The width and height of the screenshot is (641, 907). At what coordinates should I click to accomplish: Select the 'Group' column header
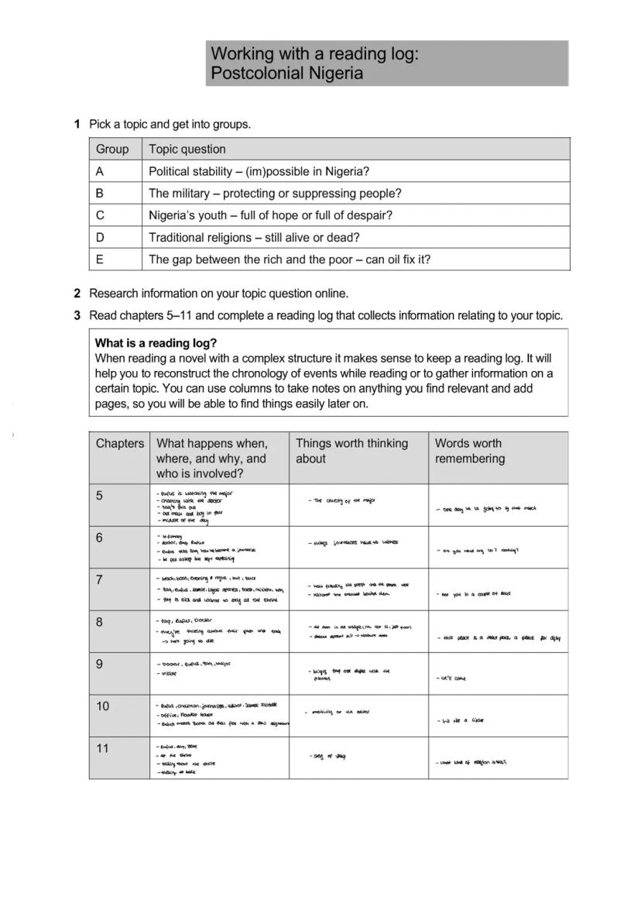click(112, 149)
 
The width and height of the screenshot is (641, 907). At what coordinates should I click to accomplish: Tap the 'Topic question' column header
click(187, 149)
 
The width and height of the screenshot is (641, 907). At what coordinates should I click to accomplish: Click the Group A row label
click(101, 171)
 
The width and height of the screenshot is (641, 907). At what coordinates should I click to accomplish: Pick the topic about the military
click(275, 194)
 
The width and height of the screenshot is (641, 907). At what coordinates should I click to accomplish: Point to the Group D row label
click(101, 238)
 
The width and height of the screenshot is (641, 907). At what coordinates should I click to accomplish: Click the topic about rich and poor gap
click(290, 259)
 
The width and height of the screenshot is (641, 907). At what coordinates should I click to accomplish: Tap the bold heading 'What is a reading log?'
click(156, 343)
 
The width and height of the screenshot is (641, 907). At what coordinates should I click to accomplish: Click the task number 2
click(77, 294)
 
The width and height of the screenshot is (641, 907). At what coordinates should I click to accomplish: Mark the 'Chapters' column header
click(119, 444)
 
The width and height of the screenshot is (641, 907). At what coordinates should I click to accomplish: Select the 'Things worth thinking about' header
click(351, 451)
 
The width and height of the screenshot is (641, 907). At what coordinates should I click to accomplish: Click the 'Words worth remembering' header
click(469, 451)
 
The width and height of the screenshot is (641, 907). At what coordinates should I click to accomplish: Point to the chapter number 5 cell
click(100, 496)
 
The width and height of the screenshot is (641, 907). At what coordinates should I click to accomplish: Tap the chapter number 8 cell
click(100, 622)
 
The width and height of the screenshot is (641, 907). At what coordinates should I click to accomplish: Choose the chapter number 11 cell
click(103, 748)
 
